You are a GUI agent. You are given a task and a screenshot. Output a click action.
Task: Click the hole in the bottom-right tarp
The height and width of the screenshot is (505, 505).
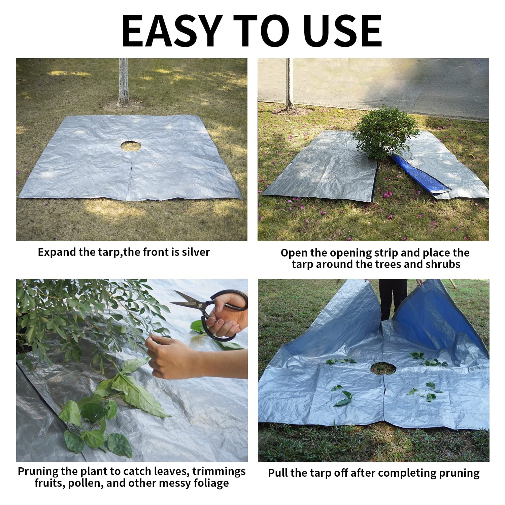pyautogui.click(x=383, y=368)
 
